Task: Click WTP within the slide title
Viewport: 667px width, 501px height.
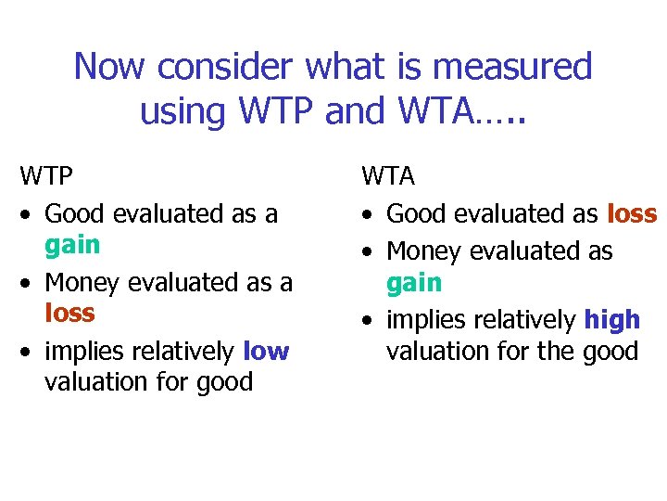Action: (x=273, y=111)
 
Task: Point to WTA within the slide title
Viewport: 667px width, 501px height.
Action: (x=430, y=111)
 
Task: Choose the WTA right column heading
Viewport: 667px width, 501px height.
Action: (x=388, y=176)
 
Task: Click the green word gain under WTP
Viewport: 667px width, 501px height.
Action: (x=72, y=246)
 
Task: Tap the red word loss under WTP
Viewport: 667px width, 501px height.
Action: (x=69, y=313)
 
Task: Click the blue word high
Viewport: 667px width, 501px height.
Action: (x=611, y=320)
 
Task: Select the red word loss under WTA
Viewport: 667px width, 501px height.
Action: (x=632, y=214)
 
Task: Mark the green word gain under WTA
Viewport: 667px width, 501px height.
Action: (x=414, y=283)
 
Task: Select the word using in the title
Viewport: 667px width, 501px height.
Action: (x=182, y=111)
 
